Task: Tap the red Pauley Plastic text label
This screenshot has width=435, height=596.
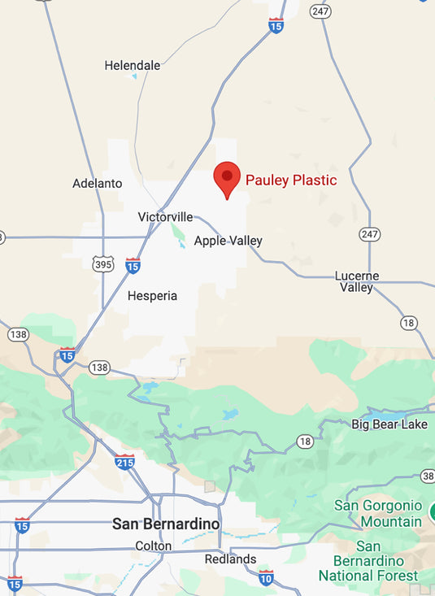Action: coord(291,181)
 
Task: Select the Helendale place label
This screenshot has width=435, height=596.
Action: coord(132,65)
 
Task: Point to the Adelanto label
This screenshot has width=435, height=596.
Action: coord(98,184)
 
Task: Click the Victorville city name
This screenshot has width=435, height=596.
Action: coord(166,217)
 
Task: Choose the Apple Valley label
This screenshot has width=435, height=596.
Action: coord(228,241)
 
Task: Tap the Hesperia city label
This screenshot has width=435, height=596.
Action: coord(152,296)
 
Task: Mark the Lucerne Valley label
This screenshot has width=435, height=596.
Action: coord(356,281)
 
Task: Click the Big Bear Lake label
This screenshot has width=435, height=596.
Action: coord(389,424)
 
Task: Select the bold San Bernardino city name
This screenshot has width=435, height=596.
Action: coord(166,524)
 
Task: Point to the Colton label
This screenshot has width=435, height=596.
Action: coord(154,546)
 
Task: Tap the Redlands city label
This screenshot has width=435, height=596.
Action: coord(231,559)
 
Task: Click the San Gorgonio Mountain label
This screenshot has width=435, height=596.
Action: coord(378,513)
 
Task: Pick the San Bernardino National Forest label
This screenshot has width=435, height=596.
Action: coord(368,561)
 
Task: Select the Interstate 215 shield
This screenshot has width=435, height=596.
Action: coord(124,462)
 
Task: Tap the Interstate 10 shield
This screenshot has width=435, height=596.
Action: coord(266,578)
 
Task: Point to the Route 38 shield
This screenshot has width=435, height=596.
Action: coord(428,476)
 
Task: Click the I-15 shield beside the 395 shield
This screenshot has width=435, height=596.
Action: coord(133,265)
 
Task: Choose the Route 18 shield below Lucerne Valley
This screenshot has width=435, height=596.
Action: coord(409,323)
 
